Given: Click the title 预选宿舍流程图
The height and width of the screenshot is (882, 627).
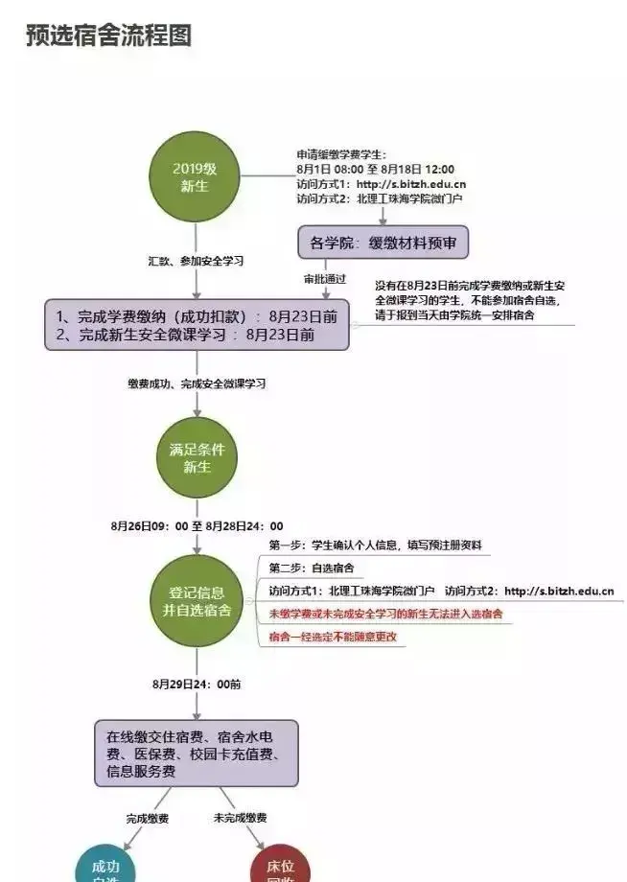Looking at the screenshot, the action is [x=108, y=35].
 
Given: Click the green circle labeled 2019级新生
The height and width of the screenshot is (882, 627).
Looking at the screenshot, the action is [x=195, y=177].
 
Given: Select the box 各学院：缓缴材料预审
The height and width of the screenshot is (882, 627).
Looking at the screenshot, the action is [x=383, y=243].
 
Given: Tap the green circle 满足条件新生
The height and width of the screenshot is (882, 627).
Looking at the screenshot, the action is [x=196, y=457].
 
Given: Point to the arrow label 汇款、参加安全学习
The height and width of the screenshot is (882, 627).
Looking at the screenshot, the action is [x=196, y=260].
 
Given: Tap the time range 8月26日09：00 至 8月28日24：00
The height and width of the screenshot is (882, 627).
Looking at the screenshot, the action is [x=197, y=526].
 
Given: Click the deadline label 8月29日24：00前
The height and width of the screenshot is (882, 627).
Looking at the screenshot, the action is [x=197, y=685].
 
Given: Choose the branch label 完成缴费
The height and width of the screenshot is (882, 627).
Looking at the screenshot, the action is [x=148, y=819].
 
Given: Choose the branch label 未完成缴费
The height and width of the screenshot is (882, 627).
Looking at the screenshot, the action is [x=240, y=819].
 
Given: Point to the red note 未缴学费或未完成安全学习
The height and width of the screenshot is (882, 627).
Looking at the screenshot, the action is [x=386, y=614].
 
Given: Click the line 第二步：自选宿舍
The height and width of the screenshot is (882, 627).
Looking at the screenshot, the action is [x=307, y=569].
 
